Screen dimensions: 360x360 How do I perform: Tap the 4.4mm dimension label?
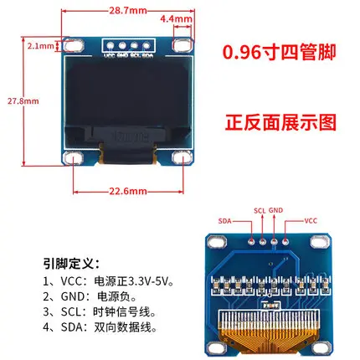click(x=186, y=17)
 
